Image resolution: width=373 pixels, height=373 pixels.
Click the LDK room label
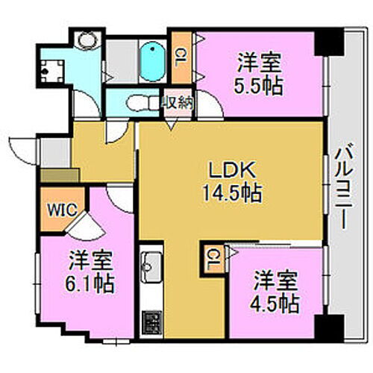coord(231,169)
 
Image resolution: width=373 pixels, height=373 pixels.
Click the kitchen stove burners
coord(151,325)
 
